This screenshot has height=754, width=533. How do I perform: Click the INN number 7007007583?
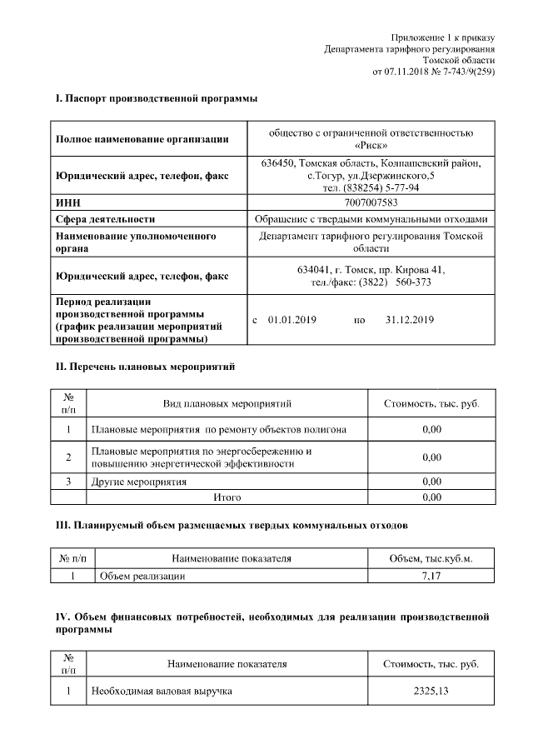tap(371, 202)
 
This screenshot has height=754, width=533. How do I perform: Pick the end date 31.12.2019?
tap(410, 320)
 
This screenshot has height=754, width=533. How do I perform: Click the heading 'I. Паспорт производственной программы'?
tap(156, 99)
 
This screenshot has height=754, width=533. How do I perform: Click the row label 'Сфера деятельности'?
tap(105, 219)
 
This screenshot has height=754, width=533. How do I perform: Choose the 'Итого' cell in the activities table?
tap(227, 497)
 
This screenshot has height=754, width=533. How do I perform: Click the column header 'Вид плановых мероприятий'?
tap(227, 404)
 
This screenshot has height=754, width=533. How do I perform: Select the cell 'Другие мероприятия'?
tap(138, 482)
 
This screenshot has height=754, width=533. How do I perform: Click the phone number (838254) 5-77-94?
tap(371, 187)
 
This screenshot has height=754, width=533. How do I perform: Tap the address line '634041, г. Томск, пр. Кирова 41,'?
tap(371, 270)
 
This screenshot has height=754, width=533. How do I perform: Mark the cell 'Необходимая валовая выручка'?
tap(162, 692)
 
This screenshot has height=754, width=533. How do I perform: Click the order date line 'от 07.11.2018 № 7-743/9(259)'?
tap(433, 72)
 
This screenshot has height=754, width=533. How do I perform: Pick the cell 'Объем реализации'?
tap(142, 576)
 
